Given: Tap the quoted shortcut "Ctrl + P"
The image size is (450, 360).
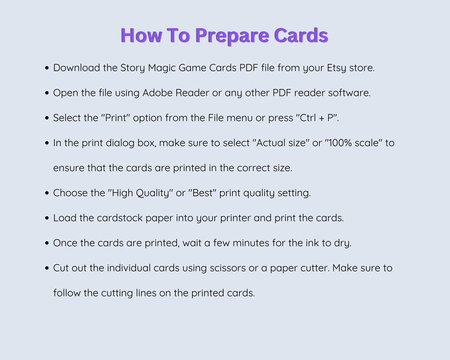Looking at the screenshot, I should point(317,118).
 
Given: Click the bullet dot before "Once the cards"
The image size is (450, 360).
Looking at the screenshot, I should point(46,243).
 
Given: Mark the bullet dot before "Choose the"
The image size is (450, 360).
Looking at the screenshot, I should point(46,193).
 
